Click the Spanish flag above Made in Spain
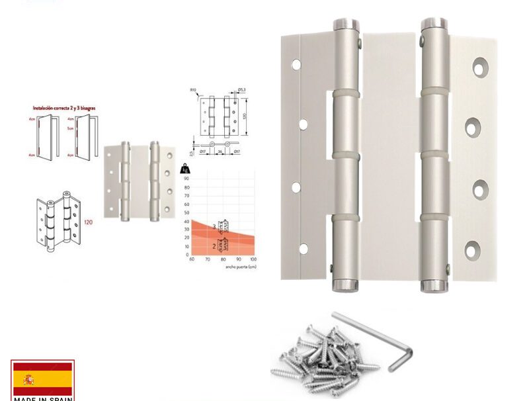(x=42, y=379)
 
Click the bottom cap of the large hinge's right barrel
(x=434, y=287)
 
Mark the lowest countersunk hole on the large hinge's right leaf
(x=472, y=251)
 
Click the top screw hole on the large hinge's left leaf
(x=296, y=65)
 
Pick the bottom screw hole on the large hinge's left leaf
(x=304, y=249)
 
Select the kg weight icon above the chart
(x=184, y=170)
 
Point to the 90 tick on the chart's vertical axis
(x=187, y=179)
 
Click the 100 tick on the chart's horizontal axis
(x=253, y=259)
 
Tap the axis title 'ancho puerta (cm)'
(x=241, y=267)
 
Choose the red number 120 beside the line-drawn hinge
(x=88, y=222)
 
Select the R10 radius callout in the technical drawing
(x=194, y=89)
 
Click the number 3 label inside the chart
(x=214, y=227)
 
